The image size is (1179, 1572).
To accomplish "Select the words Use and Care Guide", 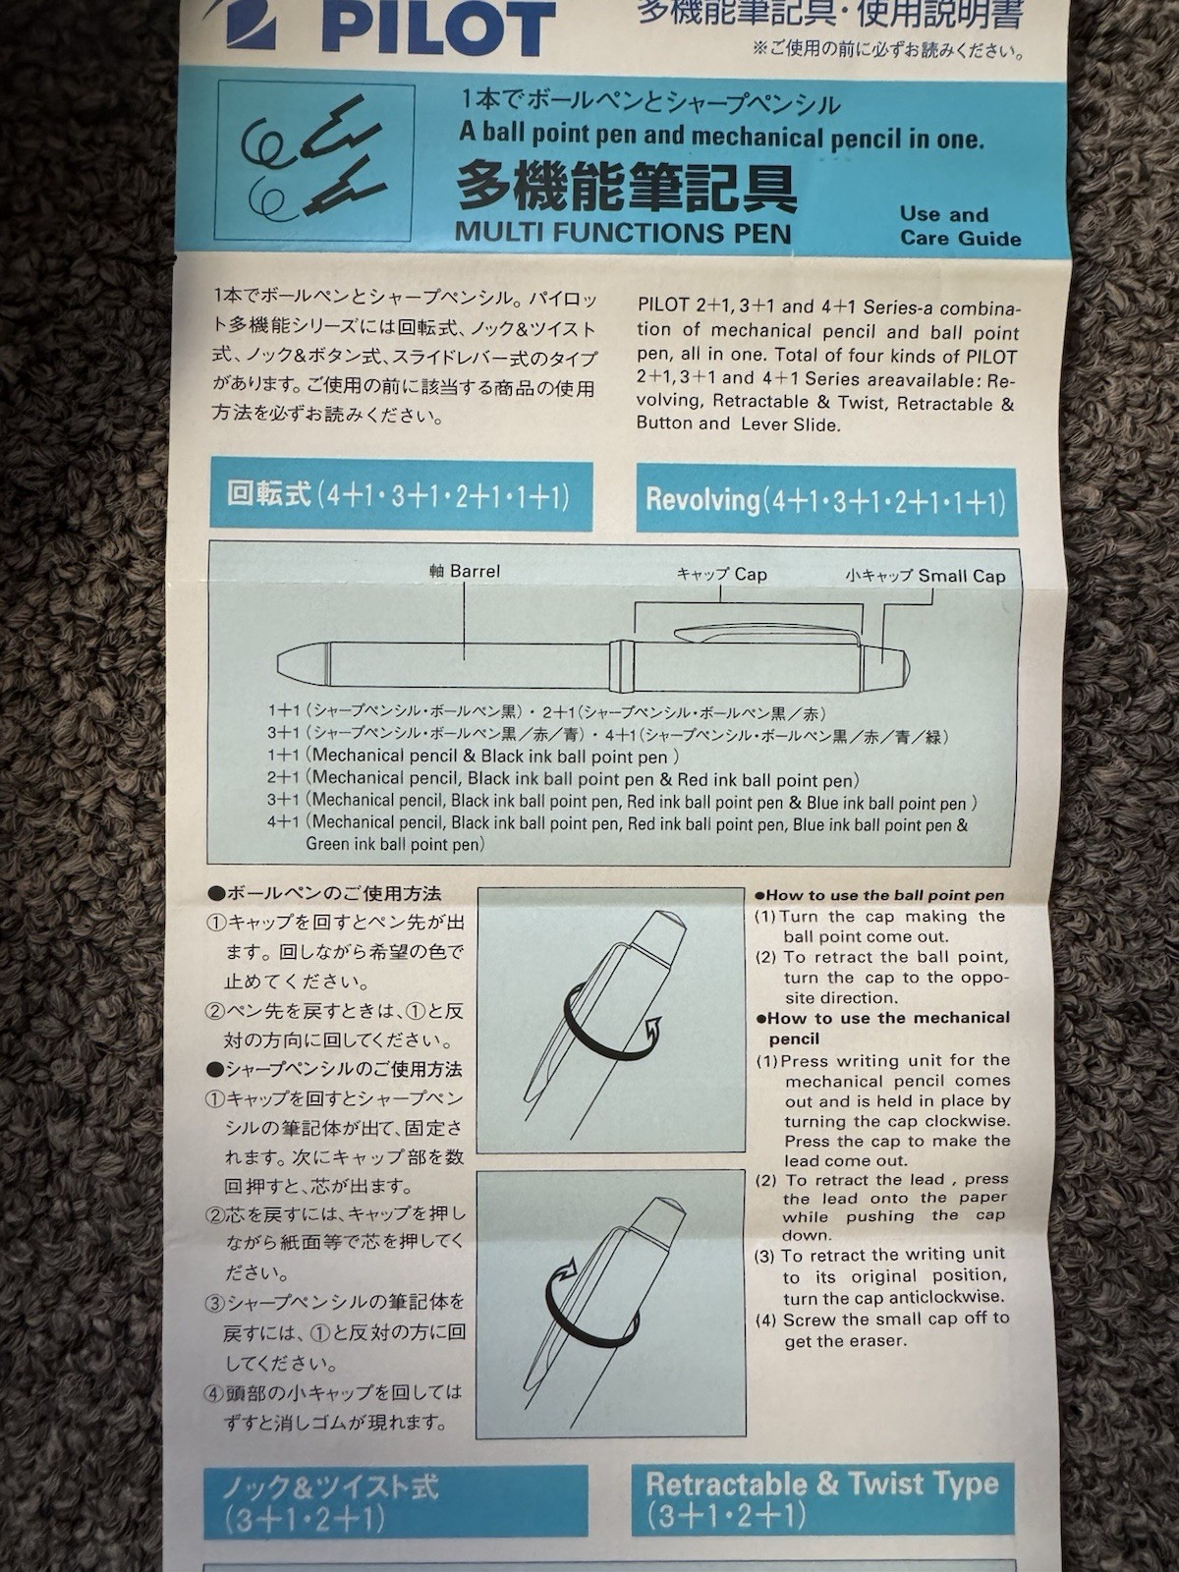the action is [x=960, y=226].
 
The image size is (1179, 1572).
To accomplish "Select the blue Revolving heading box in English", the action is [x=826, y=501].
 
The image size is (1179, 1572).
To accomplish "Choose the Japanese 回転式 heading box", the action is [x=402, y=495].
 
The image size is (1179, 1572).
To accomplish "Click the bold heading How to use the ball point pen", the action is [x=879, y=895].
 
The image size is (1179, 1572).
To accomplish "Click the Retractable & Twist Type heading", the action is [x=822, y=1484].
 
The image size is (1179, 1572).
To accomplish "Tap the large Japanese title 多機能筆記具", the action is [x=627, y=187].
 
